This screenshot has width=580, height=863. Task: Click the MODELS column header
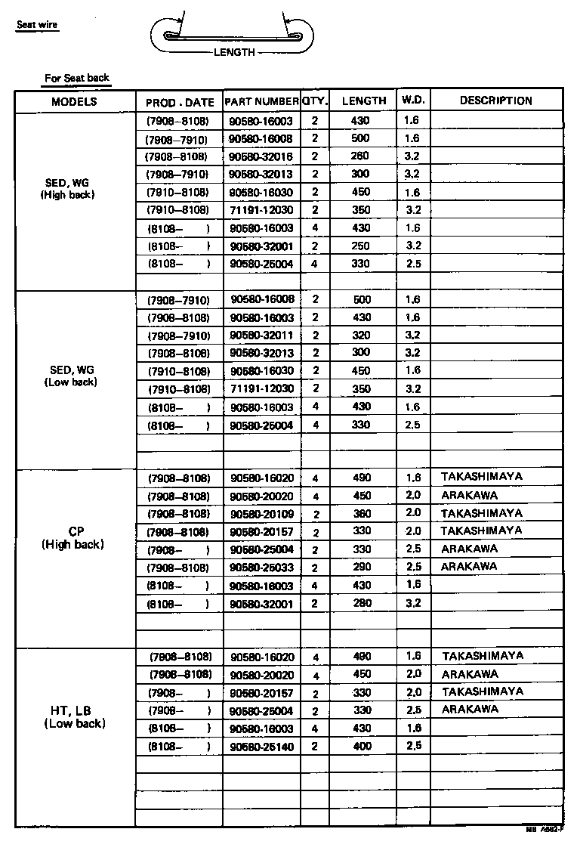(x=74, y=101)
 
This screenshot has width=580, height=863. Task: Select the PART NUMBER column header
(x=261, y=101)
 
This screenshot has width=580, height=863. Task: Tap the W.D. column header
(x=413, y=101)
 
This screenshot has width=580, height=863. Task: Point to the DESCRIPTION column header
(x=495, y=101)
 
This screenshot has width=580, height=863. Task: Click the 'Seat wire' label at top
(x=37, y=25)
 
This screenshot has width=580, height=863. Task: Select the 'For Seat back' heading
(x=76, y=78)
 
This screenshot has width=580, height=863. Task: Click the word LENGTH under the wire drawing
(x=234, y=52)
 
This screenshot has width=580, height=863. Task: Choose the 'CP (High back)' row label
(x=73, y=537)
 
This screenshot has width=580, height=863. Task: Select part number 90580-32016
(x=261, y=156)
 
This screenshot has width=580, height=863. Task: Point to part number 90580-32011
(x=261, y=336)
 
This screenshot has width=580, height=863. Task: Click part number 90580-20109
(x=261, y=514)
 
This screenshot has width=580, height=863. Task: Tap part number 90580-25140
(x=261, y=747)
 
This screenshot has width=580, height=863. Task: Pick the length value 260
(x=360, y=156)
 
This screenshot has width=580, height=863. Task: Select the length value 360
(x=362, y=513)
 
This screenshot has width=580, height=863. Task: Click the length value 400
(x=362, y=746)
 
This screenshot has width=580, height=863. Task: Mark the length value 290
(x=362, y=567)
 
